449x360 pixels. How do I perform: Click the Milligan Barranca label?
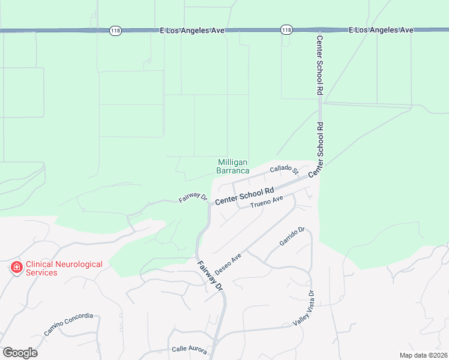tap(233, 166)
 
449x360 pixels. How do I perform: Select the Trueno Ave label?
tap(267, 202)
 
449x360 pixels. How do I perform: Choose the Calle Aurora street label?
tap(190, 350)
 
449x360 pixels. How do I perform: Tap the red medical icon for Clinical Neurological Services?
tap(16, 268)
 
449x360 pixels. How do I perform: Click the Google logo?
tap(20, 353)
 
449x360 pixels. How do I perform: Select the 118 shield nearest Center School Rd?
tap(286, 29)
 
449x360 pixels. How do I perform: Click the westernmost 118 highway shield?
tap(116, 30)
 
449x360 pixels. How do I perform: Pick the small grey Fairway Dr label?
tap(192, 197)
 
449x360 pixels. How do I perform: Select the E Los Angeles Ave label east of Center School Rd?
tap(381, 29)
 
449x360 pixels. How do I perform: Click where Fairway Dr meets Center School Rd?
tap(209, 203)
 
